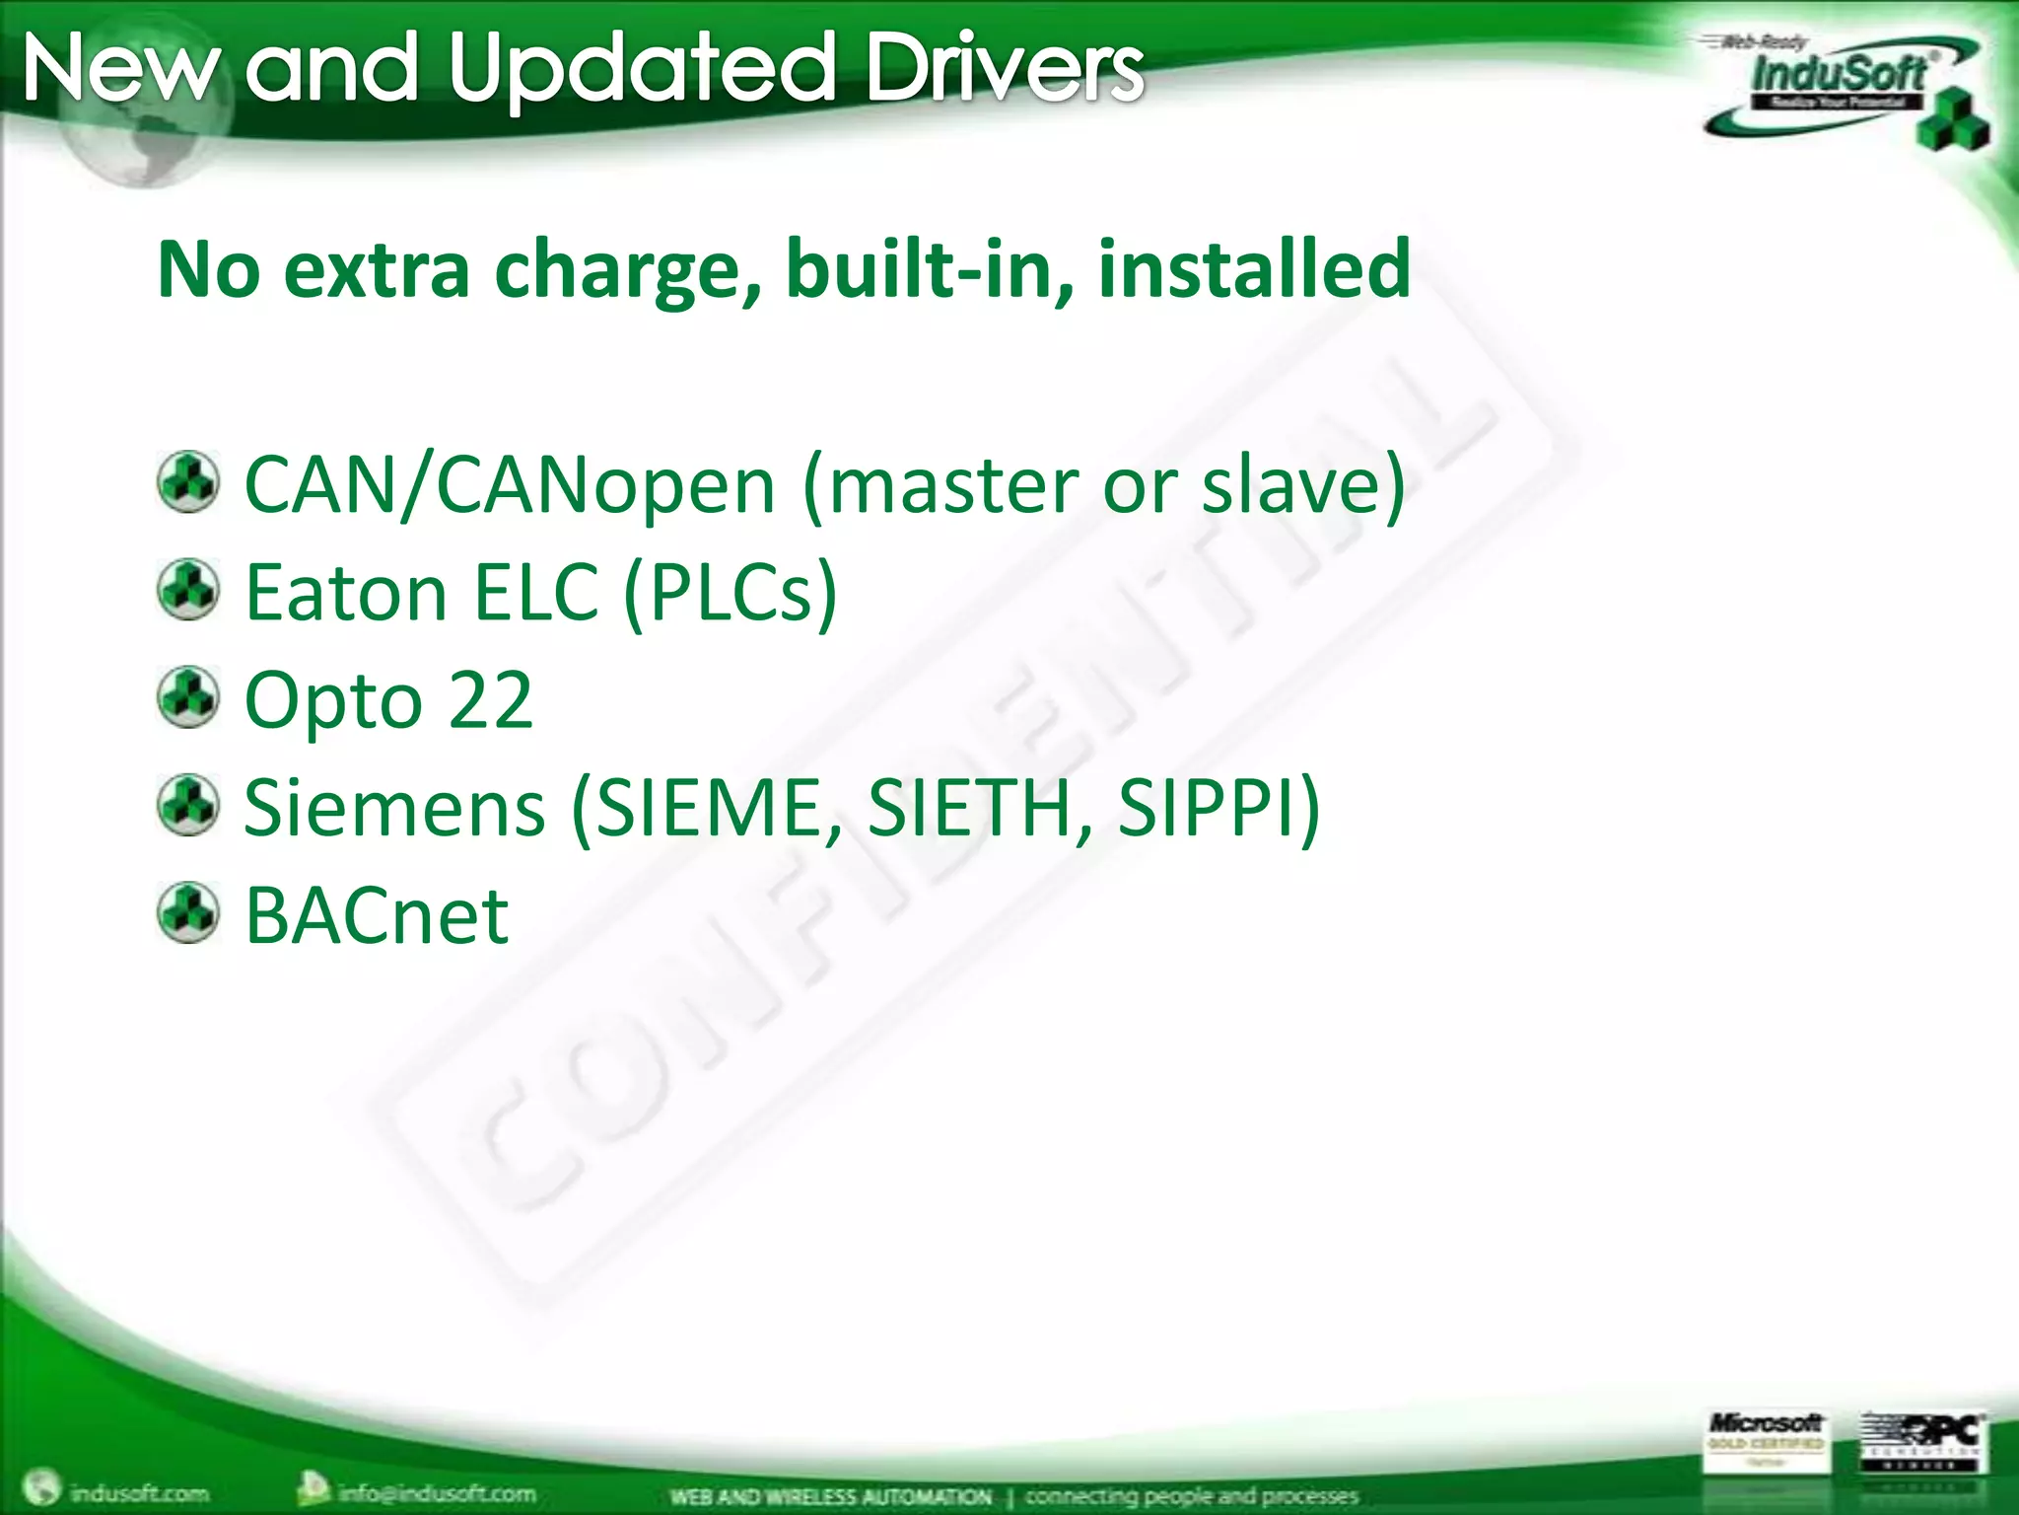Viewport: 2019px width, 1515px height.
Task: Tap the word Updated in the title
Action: click(x=642, y=69)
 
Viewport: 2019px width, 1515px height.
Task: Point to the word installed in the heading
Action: click(x=1253, y=268)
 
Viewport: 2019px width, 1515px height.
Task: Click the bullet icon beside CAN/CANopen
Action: click(x=188, y=482)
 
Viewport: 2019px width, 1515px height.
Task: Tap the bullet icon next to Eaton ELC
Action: click(x=188, y=590)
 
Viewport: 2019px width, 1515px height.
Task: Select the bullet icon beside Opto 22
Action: click(x=188, y=697)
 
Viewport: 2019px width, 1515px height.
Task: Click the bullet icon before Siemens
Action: click(x=188, y=805)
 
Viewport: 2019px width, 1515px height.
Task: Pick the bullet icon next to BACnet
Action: click(x=188, y=912)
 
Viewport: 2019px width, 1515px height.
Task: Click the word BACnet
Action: click(x=377, y=916)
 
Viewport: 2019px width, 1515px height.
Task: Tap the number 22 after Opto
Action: click(x=490, y=700)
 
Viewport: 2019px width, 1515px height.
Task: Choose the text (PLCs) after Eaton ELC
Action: click(x=731, y=593)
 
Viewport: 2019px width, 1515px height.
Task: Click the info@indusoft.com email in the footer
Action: click(x=436, y=1492)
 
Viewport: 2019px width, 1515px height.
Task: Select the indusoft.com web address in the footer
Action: click(x=138, y=1492)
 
